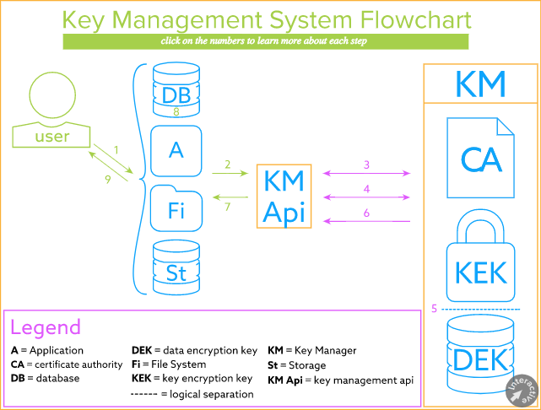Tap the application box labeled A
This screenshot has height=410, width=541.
click(176, 150)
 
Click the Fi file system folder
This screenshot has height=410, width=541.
click(176, 209)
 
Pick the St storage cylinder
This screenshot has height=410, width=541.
click(176, 268)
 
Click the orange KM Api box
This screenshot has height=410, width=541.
click(284, 197)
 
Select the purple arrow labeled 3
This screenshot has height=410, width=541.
click(366, 174)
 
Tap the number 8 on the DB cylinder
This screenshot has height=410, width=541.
click(176, 111)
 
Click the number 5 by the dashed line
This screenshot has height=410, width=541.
click(434, 309)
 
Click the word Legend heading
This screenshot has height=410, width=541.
click(46, 327)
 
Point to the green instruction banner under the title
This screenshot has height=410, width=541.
click(265, 41)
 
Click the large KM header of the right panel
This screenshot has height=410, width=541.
click(480, 84)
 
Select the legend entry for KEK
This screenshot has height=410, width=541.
click(192, 379)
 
